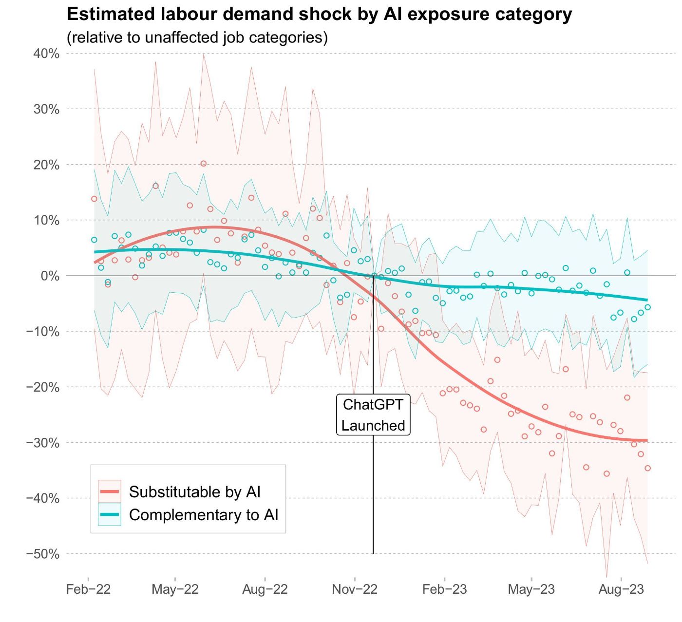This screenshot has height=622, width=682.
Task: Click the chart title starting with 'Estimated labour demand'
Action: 319,15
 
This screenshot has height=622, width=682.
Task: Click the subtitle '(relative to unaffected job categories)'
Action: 197,38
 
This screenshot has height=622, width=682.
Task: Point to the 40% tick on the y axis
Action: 46,54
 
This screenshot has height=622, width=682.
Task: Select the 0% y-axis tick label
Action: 49,276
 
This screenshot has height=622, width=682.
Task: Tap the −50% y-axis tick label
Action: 43,554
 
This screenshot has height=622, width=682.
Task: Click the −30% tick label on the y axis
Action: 43,443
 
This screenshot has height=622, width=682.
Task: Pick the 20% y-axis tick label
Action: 46,165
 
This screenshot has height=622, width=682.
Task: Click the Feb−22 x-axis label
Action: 88,589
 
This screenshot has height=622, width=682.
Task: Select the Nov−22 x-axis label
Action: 355,589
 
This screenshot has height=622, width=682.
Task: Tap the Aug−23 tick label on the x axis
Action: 621,589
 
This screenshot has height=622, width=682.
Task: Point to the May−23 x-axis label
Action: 531,589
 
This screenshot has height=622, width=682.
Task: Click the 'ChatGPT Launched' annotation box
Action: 373,415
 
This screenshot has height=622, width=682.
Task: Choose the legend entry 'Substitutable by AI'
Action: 195,492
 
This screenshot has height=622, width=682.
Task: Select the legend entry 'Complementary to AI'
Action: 204,515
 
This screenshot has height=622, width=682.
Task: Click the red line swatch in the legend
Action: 109,492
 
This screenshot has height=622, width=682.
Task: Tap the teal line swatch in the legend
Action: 109,515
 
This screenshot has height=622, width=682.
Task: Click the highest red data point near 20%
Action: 204,164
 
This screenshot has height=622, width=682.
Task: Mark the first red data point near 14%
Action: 94,199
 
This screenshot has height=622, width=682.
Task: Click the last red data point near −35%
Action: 647,468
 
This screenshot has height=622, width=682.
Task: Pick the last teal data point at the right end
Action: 647,307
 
